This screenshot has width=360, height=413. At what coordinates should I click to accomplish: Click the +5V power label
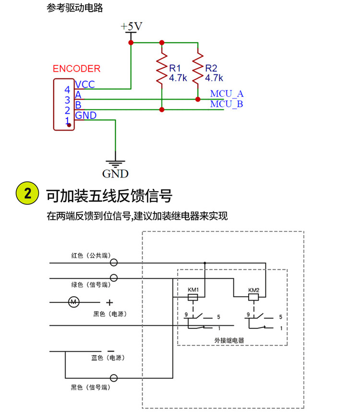point(131,26)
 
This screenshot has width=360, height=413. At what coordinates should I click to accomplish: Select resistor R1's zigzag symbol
point(162,70)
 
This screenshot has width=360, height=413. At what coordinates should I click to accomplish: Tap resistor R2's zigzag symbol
point(198,70)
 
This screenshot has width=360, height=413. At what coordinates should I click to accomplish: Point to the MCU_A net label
point(227,94)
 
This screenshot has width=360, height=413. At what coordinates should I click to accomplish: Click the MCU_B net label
point(227,104)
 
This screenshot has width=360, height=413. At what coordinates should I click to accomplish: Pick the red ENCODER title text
point(77,69)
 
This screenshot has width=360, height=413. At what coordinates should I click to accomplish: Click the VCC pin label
point(85,85)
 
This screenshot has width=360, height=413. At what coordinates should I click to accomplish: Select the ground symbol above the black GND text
point(115,163)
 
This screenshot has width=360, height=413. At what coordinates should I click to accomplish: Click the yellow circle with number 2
point(28,194)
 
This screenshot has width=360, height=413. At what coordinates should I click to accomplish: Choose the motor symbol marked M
point(73,302)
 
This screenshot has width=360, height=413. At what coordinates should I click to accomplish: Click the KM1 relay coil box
point(192,298)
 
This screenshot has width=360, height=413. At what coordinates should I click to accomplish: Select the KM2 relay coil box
point(253,298)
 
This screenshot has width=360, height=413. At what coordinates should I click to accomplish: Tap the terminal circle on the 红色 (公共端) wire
point(114,263)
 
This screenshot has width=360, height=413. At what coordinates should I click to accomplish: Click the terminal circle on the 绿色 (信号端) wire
point(114,278)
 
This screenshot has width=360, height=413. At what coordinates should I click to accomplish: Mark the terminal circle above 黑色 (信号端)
point(114,377)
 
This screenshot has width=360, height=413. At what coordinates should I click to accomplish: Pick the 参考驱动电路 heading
point(75,8)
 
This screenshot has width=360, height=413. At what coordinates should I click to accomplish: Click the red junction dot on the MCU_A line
point(198,99)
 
